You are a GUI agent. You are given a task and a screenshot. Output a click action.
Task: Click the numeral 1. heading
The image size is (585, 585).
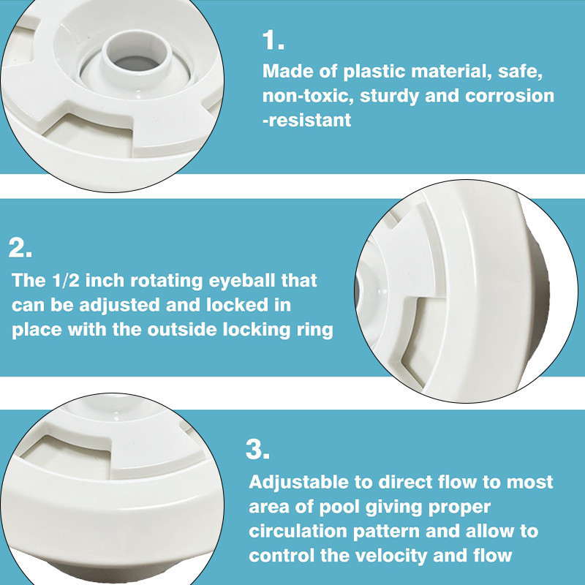273,40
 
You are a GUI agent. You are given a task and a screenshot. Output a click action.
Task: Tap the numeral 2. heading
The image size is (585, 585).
20,248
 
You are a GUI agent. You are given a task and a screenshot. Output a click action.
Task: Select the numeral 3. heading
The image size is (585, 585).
257,449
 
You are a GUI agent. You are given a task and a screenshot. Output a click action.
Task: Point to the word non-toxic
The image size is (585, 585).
308,96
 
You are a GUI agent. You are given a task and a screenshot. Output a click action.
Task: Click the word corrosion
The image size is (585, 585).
510,96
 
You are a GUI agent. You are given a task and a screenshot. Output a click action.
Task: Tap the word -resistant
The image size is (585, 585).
307,120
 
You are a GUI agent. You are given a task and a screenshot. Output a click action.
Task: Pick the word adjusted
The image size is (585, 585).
119,305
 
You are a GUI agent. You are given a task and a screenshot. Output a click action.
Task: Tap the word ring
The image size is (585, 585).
314,331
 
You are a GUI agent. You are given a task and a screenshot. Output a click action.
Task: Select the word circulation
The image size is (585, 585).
298,532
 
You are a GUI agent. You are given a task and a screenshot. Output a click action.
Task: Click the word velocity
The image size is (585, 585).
391,556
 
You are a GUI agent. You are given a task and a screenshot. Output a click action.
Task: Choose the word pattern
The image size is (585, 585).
386,532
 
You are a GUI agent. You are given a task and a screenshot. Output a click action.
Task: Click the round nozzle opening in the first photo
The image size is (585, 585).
136,62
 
